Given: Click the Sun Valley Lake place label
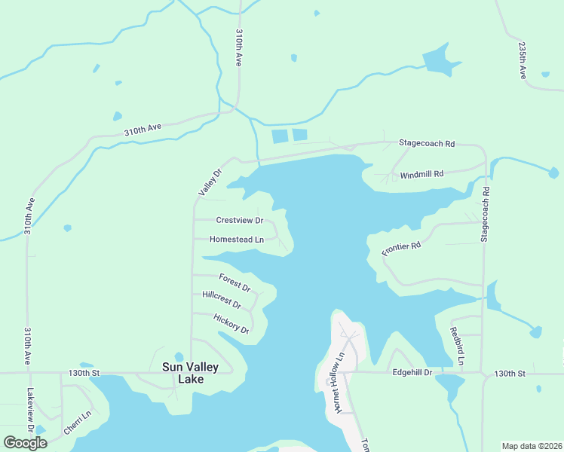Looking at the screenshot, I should coord(191,373).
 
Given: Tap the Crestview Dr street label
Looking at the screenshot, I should coord(239,221).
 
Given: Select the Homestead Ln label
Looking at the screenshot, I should coord(236,240).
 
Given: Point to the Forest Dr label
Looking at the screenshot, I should coord(234,283).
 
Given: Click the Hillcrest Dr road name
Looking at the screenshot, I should coord(222,300).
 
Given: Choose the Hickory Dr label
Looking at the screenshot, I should coord(231,324).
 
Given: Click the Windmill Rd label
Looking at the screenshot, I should coord(421,174).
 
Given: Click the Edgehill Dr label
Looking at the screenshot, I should coord(412,372).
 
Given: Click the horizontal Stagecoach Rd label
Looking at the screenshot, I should coord(427,142).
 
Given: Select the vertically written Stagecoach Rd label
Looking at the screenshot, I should coord(485,214).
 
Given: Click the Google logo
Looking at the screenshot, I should coord(25,442).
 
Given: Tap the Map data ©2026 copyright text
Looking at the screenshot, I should coord(531,446).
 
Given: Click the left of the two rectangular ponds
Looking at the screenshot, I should coord(279,136).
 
